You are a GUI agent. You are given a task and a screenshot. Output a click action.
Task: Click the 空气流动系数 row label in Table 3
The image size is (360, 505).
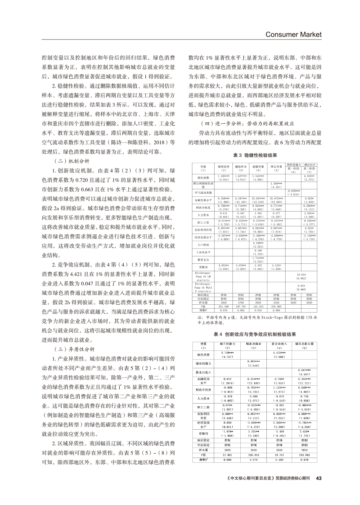(x=202, y=192)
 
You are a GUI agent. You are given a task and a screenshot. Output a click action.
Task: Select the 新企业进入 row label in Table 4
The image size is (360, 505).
(x=202, y=373)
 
